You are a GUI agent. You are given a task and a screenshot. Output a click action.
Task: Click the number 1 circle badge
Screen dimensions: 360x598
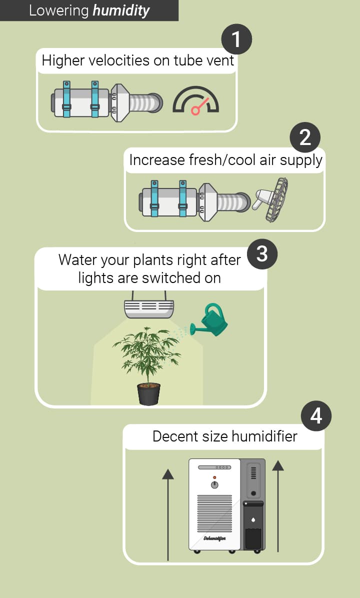tap(236, 39)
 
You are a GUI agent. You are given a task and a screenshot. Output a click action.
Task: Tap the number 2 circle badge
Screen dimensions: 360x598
tap(305, 137)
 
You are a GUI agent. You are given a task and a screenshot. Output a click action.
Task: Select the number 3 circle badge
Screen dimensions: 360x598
tap(262, 254)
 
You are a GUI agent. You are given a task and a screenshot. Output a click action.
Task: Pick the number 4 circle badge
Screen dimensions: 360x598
tap(316, 415)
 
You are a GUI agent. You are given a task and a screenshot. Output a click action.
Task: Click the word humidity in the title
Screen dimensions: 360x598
tap(121, 10)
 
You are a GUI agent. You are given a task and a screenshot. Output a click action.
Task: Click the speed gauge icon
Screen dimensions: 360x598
tap(195, 100)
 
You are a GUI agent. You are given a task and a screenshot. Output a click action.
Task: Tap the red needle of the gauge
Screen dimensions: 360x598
tap(200, 106)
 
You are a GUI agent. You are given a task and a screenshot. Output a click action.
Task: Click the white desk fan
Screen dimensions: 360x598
tap(271, 199)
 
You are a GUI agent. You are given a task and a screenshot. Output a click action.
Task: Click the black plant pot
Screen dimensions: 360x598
tap(148, 394)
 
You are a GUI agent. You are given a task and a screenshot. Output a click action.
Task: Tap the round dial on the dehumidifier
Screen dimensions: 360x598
tap(214, 484)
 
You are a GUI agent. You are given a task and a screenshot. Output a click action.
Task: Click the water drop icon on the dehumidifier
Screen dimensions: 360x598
tap(253, 519)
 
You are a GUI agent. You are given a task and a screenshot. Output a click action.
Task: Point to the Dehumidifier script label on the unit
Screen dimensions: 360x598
tap(214, 538)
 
